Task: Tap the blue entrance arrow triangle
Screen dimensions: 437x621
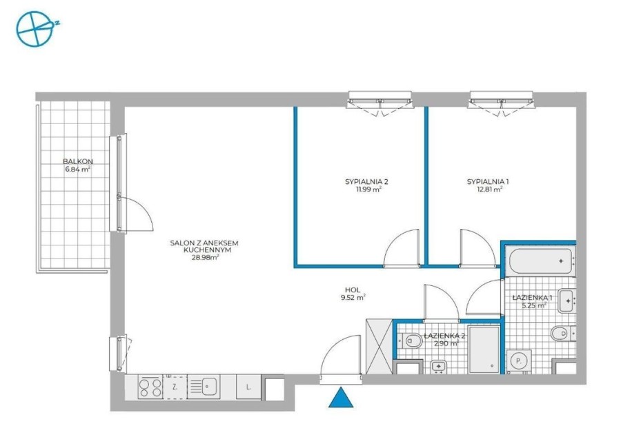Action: tap(339, 398)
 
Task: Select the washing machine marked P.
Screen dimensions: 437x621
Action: tap(517, 359)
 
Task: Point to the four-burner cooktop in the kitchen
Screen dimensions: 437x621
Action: tap(150, 386)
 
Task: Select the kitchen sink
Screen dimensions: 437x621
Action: tap(203, 386)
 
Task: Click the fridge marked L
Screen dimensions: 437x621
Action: tap(248, 387)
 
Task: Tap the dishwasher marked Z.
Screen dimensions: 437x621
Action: tap(175, 387)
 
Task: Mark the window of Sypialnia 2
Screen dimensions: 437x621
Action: tap(379, 100)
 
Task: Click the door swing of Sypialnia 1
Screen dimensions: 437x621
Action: tap(475, 247)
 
